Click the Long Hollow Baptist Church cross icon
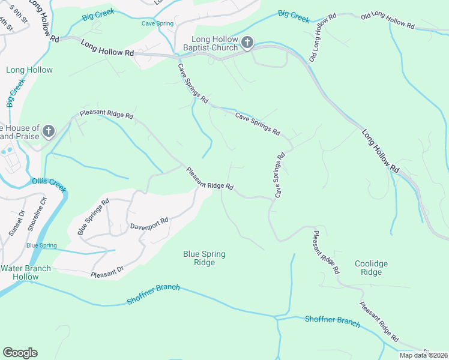[x=248, y=43]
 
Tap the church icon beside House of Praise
[x=49, y=131]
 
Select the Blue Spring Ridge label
[x=204, y=258]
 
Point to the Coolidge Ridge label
[x=371, y=268]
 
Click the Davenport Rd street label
[x=149, y=224]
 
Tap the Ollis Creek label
[x=49, y=182]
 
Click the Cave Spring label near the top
[x=157, y=24]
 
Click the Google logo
[x=20, y=353]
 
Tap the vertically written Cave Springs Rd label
[x=279, y=175]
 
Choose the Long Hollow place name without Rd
[x=29, y=70]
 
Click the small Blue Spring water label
[x=41, y=246]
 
